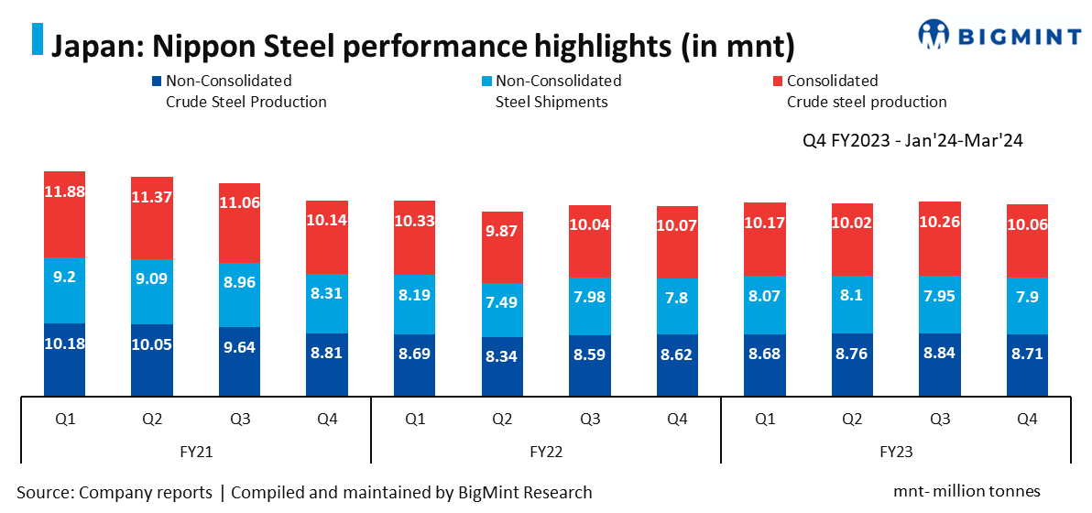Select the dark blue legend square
click(157, 81)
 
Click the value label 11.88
click(64, 191)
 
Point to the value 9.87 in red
click(502, 230)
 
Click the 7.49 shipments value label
click(502, 303)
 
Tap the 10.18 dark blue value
click(64, 344)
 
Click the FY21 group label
click(195, 451)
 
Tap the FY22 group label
click(546, 451)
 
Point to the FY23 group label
click(896, 451)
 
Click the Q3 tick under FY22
click(590, 419)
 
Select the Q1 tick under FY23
click(765, 419)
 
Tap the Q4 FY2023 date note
click(912, 141)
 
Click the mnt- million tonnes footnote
click(966, 491)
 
